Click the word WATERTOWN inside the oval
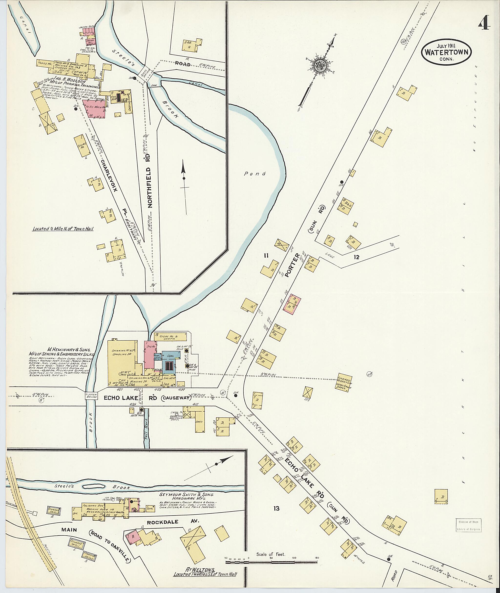click(x=447, y=53)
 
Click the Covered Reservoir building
click(x=345, y=383)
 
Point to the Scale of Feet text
click(x=271, y=554)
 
